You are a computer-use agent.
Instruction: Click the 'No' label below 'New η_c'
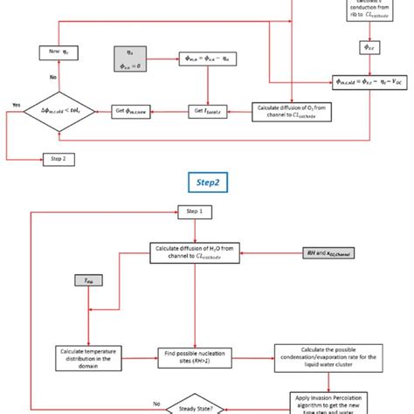[x=52, y=77]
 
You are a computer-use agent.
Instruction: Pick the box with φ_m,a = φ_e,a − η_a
[x=207, y=59]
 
